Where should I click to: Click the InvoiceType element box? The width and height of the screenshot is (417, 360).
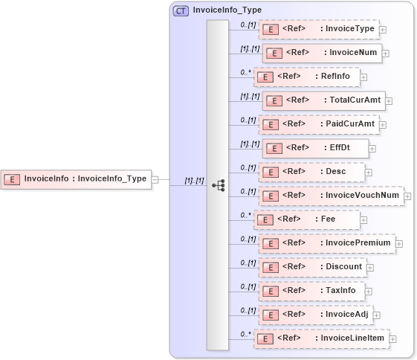click(x=318, y=30)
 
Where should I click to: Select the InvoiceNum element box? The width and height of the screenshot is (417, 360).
click(x=322, y=53)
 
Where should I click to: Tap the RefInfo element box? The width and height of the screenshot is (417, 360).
click(x=307, y=77)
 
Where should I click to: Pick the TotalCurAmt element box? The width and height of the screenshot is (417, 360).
click(x=323, y=100)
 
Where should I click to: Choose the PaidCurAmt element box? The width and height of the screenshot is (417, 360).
click(x=318, y=124)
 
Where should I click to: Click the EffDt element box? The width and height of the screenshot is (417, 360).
click(x=315, y=148)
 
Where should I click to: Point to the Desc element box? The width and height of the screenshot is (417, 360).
click(x=311, y=172)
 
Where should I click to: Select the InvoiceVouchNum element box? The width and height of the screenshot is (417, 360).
click(x=331, y=196)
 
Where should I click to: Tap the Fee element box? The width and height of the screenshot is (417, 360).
click(x=307, y=219)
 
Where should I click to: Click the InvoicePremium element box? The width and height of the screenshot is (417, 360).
click(x=326, y=243)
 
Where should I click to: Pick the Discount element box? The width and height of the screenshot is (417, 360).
click(x=311, y=267)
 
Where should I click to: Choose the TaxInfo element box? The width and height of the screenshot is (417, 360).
click(x=311, y=291)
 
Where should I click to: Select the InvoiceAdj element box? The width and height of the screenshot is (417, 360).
click(x=315, y=315)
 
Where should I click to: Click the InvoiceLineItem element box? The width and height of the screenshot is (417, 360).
click(x=321, y=338)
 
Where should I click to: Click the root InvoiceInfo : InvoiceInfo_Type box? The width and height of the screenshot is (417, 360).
click(x=76, y=179)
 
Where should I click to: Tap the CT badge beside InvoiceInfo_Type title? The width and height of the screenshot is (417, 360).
click(x=181, y=11)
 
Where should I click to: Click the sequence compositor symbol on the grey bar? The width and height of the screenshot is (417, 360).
click(x=218, y=184)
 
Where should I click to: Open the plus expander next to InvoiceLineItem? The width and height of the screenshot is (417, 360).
click(x=393, y=339)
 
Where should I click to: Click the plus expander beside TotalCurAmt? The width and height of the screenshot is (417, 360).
click(x=389, y=101)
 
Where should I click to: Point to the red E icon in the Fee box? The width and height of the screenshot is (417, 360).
click(x=265, y=220)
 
